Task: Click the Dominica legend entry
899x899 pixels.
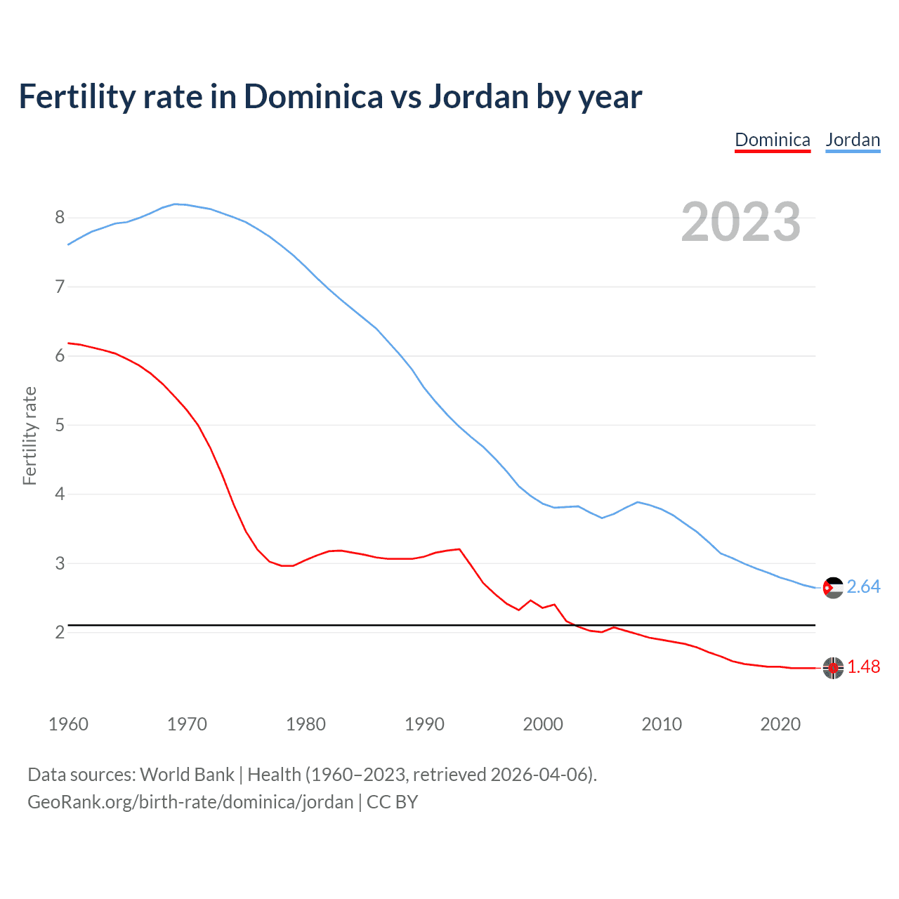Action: [772, 140]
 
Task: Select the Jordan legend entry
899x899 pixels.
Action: [853, 140]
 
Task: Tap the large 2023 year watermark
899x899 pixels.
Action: [741, 222]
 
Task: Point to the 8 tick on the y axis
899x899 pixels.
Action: [60, 218]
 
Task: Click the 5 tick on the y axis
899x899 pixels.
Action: [60, 425]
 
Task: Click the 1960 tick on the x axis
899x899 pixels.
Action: [68, 724]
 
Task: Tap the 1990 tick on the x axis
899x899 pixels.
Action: [424, 724]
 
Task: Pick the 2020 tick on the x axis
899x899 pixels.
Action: [780, 724]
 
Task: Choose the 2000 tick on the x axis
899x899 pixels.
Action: [543, 724]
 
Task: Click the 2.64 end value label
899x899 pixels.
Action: [863, 587]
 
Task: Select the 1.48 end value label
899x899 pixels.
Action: [863, 667]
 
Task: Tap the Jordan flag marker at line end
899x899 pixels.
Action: [833, 588]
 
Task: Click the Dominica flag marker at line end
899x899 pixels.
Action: [833, 668]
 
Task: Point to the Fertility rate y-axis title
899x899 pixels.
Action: [29, 435]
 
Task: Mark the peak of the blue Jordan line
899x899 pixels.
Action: [176, 204]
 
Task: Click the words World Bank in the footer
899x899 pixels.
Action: [187, 775]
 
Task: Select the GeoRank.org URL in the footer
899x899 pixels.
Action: [190, 802]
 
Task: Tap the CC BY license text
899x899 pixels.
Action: [392, 802]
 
